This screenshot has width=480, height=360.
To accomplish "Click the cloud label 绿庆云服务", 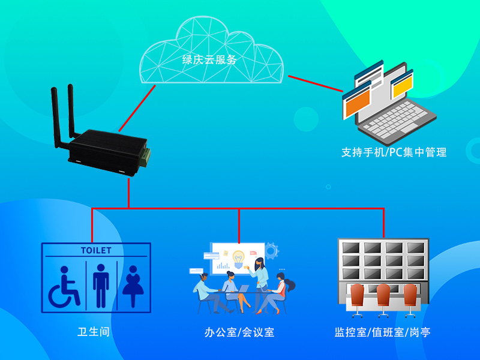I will click(209, 60).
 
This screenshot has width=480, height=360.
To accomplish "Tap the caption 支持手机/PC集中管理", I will click(394, 152).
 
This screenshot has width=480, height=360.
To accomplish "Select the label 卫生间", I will click(93, 331).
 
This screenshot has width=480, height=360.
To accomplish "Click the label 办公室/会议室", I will click(239, 332).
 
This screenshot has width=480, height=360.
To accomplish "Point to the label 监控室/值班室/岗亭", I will click(382, 332).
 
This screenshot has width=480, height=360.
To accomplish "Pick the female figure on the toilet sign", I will click(133, 285).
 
